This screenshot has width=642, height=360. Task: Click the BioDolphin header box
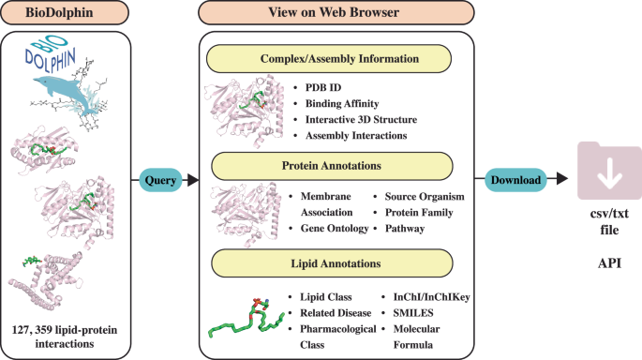click(71, 13)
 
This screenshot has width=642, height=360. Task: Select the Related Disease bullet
click(336, 313)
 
